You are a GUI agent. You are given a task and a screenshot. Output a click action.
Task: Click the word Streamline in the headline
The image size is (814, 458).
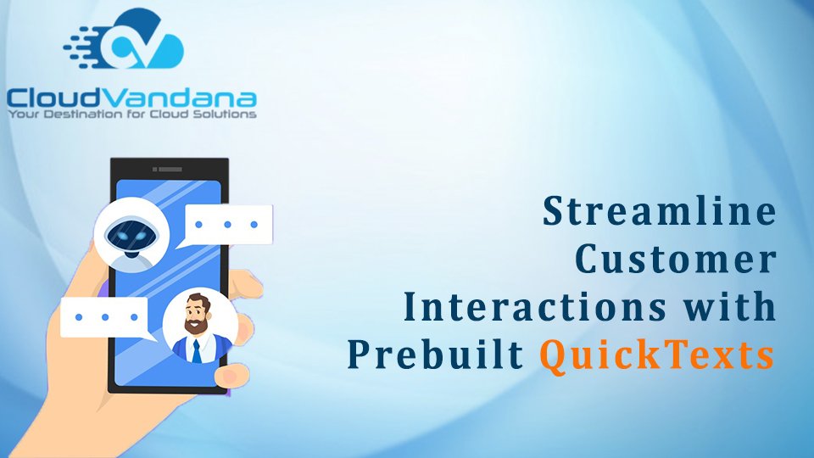[660, 211]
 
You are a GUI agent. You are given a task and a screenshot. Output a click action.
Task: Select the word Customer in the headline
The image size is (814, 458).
[676, 259]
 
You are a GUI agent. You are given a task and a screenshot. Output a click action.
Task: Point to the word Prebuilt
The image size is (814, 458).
[435, 355]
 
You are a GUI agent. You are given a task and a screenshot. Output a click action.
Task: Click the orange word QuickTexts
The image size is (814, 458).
[657, 356]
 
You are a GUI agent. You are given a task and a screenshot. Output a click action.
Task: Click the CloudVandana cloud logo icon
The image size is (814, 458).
[124, 39]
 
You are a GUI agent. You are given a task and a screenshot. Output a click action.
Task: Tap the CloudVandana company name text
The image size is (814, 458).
[132, 98]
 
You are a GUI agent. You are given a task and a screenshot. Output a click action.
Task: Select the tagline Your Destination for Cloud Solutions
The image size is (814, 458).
[132, 114]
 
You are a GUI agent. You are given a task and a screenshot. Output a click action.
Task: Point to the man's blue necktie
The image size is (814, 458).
[196, 351]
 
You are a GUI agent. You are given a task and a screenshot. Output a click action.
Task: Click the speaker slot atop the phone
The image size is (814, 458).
[167, 170]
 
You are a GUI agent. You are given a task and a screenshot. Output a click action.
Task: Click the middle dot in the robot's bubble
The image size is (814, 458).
[227, 225]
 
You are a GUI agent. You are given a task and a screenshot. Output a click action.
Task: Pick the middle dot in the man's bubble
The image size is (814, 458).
[105, 317]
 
